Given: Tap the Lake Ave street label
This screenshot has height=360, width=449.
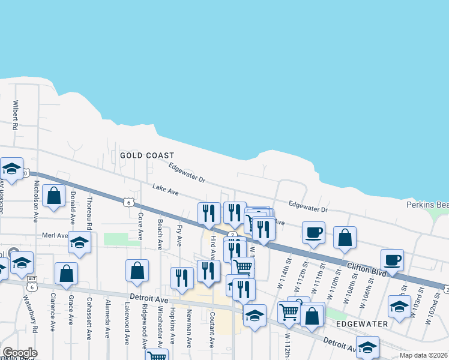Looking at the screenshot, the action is [x=166, y=191].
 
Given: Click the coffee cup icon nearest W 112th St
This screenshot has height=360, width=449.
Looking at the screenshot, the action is [x=313, y=232].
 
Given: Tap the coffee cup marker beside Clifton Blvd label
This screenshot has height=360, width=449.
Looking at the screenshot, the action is [x=392, y=260].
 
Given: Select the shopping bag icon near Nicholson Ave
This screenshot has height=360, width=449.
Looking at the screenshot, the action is [x=54, y=196].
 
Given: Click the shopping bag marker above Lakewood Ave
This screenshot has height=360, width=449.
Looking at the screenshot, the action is [x=137, y=270].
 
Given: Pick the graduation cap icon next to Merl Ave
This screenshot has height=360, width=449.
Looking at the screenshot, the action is [x=79, y=242].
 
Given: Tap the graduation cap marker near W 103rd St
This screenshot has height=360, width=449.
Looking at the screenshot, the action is [x=399, y=305].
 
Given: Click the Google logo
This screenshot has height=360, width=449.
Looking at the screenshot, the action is [x=20, y=353].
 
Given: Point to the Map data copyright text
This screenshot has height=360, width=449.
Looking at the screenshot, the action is [x=424, y=355].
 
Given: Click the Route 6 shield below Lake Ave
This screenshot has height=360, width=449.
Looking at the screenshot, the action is [x=128, y=203].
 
